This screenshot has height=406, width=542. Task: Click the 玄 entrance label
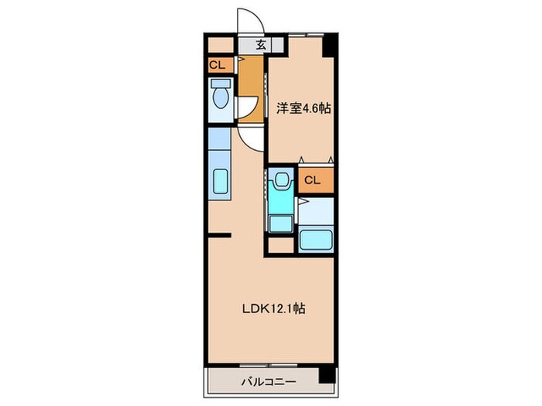pos(261,45)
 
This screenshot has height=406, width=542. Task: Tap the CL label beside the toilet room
pos(218,65)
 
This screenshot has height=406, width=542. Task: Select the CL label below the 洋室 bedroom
pos(313,180)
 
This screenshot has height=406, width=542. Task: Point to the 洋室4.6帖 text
pos(304,108)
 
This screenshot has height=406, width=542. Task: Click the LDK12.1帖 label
pos(273,309)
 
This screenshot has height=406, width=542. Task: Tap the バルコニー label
pos(269,382)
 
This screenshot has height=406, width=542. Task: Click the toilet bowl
pos(221,98)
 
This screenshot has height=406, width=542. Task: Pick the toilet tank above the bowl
pos(221,84)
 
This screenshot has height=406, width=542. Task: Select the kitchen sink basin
pos(221,181)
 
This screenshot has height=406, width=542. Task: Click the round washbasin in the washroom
pos(281,179)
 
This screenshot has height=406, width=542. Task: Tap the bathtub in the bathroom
pos(316,240)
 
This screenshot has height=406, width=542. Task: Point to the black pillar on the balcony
pos(327,375)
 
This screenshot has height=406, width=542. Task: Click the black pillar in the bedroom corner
pos(328,46)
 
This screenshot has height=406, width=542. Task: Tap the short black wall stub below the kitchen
pos(219,236)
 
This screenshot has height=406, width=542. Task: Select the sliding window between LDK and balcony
pos(269,365)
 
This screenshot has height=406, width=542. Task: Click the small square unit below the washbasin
pos(281,223)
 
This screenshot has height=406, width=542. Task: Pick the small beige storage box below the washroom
pos(281,245)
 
